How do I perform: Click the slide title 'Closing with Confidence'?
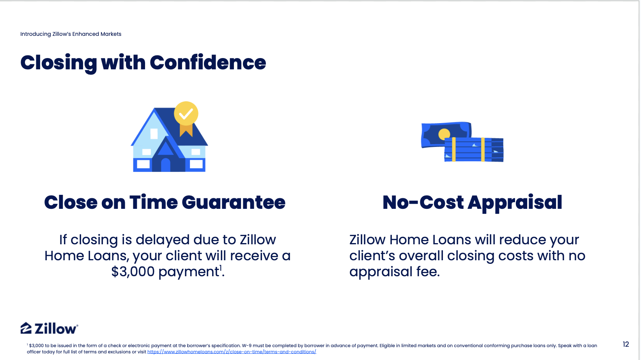pos(143,63)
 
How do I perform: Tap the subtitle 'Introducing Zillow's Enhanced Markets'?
pos(71,34)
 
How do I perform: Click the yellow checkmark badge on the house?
pos(186,113)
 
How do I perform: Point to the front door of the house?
pos(166,165)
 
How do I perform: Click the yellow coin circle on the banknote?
pos(444,134)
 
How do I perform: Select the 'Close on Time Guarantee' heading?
pos(165,203)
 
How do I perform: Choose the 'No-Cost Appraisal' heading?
pos(472,203)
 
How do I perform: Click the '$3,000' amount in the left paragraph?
pos(133,271)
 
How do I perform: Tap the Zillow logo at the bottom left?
pos(49,328)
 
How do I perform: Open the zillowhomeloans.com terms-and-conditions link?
pos(232,352)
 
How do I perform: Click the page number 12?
pos(625,344)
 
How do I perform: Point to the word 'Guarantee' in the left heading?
pos(234,203)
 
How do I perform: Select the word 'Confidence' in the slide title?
pos(208,63)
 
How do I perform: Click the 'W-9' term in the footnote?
pos(247,346)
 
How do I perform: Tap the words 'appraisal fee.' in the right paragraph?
pos(394,272)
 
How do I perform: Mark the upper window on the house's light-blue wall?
pos(154,134)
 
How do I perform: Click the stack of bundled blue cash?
pos(474,150)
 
